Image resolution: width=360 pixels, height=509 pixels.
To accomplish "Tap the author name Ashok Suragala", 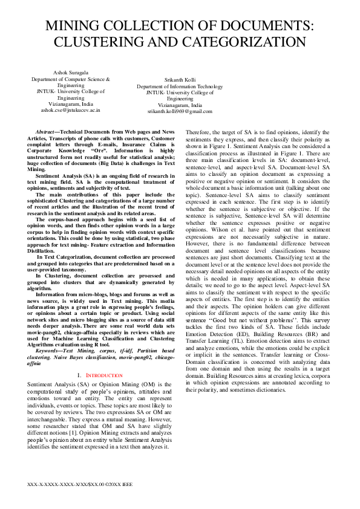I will point(71,73).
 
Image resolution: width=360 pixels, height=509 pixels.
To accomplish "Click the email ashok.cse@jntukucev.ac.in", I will point(71,110).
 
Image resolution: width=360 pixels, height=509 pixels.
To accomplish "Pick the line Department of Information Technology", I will point(180,86).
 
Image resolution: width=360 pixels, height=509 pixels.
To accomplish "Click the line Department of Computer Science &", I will point(71,79).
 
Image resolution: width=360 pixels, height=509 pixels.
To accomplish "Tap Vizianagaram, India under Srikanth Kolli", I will point(180,105).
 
